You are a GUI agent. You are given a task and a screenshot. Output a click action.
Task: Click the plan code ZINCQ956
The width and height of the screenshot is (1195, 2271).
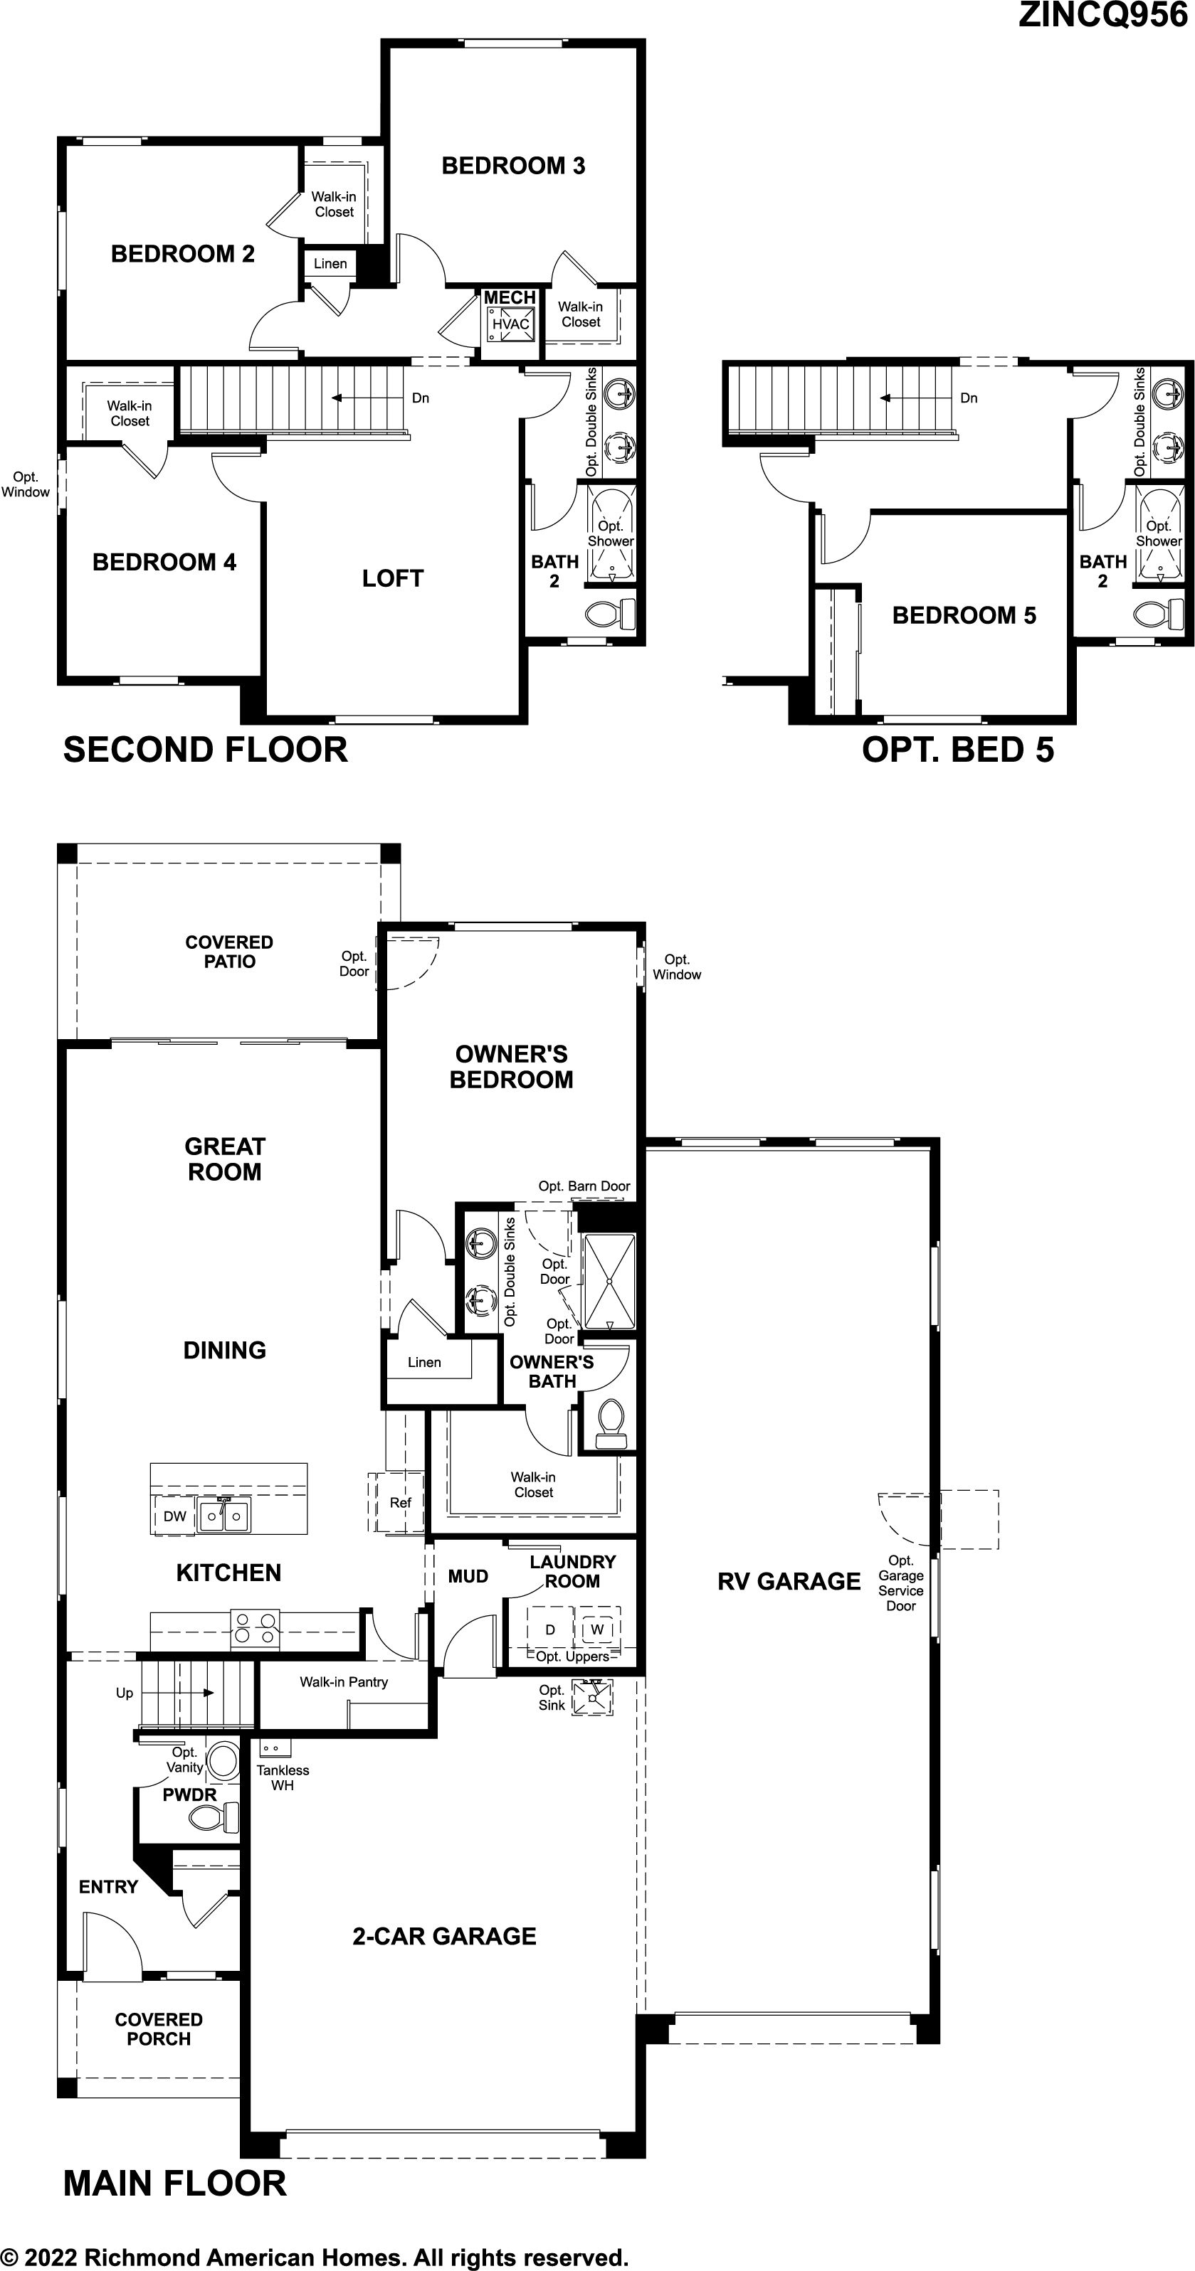1102,15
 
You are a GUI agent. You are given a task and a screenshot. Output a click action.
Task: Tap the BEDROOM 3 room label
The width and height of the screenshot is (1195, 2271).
513,166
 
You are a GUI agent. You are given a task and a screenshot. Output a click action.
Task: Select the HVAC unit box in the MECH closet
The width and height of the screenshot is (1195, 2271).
510,324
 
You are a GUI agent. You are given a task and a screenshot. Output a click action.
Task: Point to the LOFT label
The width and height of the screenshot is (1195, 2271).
392,578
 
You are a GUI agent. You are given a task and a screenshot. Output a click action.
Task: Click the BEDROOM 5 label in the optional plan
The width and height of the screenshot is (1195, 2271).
964,615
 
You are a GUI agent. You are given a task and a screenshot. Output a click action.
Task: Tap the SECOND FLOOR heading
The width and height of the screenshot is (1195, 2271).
206,750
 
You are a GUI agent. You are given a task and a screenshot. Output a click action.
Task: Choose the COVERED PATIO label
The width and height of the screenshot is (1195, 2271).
229,952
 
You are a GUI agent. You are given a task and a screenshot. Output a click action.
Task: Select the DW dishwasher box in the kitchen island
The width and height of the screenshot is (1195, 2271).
174,1516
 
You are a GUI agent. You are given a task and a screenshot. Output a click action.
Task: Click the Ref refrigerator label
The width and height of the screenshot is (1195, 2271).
401,1502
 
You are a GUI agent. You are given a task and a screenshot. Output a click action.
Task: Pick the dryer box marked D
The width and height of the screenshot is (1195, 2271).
550,1629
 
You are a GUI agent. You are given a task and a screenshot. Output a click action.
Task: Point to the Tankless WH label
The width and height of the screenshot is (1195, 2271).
283,1777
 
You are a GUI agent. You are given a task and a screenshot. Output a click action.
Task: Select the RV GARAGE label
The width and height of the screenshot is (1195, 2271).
789,1582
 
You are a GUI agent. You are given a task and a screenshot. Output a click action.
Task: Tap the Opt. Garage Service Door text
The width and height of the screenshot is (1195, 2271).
900,1583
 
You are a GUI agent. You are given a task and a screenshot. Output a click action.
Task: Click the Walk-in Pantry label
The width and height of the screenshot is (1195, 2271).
344,1682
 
